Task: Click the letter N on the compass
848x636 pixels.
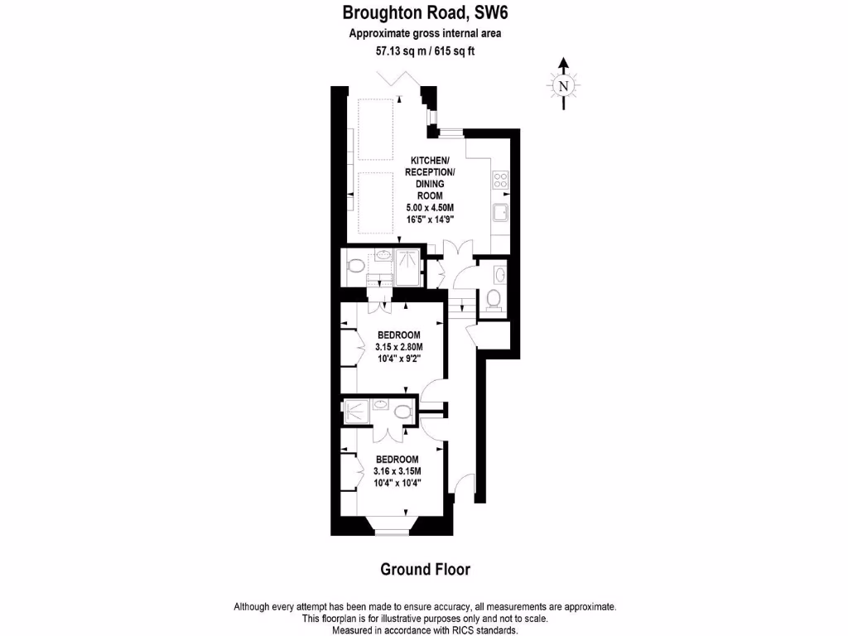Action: (x=563, y=85)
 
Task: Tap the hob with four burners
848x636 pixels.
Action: (x=500, y=180)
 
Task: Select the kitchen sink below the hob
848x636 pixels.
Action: (x=500, y=214)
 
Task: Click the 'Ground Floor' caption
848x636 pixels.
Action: (x=425, y=569)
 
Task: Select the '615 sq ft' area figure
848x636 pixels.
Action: (x=455, y=51)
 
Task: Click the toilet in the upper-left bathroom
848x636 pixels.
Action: (x=354, y=266)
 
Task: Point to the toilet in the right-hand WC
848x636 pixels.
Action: (x=494, y=299)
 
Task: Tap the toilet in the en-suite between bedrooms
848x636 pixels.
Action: (x=402, y=412)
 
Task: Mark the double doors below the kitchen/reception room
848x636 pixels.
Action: (x=457, y=250)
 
